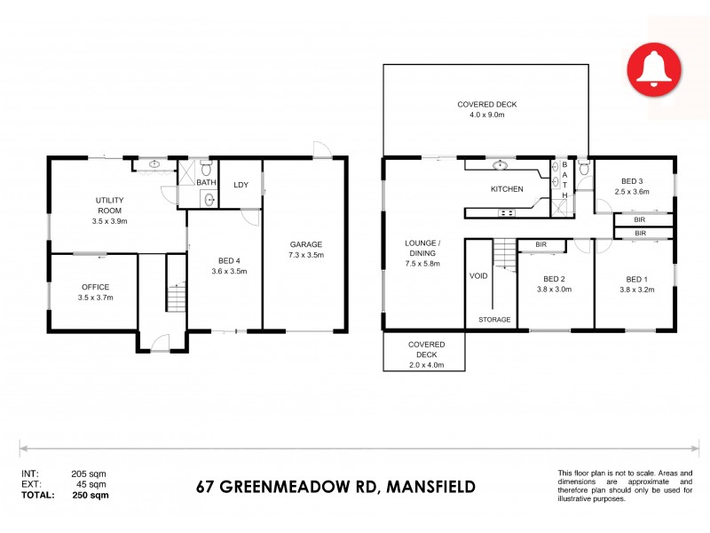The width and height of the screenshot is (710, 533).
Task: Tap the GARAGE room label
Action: click(305, 244)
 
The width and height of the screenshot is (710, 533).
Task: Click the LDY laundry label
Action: click(241, 185)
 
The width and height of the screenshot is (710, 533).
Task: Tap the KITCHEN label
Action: click(507, 189)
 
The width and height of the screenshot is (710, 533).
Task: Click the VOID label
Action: click(478, 276)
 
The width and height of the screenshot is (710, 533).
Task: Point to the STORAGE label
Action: click(493, 319)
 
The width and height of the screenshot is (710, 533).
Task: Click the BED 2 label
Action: click(554, 276)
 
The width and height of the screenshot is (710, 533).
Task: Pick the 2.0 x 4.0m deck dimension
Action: click(426, 365)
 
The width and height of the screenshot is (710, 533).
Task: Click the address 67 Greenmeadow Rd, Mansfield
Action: click(335, 486)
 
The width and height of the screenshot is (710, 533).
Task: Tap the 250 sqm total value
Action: click(90, 495)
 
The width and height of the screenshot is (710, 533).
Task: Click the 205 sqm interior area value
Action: click(89, 474)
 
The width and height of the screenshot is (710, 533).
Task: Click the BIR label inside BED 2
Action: click(540, 244)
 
